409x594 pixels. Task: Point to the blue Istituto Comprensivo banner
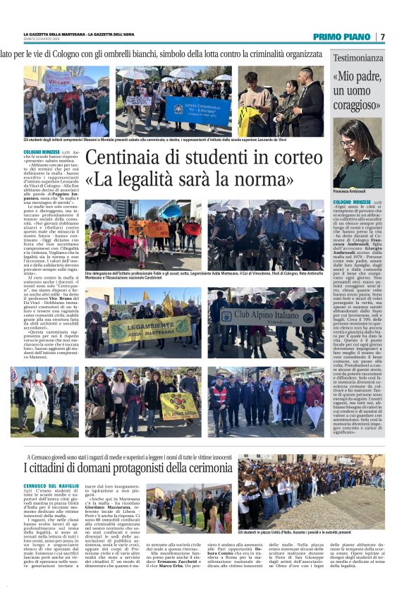pos(198,110)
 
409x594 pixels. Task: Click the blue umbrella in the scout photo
pos(173,210)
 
